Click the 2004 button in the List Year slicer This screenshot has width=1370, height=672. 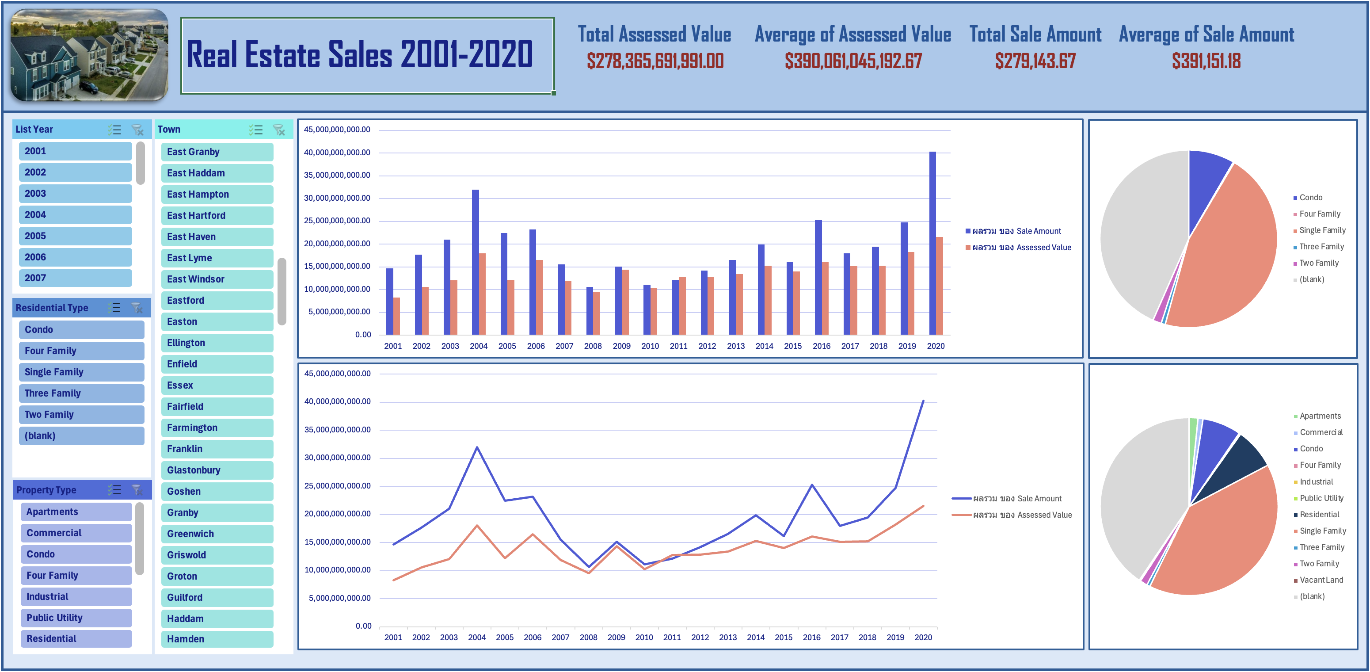coord(75,215)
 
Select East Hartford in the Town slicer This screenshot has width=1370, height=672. coord(217,215)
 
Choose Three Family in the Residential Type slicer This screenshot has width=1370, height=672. coord(81,393)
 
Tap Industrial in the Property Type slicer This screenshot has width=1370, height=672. coord(76,596)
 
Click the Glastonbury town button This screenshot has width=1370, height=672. coord(217,470)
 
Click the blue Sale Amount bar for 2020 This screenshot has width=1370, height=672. coord(932,243)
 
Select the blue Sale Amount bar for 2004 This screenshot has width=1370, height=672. coord(476,262)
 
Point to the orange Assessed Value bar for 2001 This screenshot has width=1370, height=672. coord(397,316)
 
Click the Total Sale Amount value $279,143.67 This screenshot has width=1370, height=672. coord(1035,61)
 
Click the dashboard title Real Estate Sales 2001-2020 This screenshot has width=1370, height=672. coord(360,55)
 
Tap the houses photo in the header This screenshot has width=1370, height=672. coord(89,55)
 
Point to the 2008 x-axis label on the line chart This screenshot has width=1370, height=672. coord(588,638)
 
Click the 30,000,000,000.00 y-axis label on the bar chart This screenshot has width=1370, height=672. coord(337,198)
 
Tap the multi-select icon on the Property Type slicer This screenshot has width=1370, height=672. coord(114,490)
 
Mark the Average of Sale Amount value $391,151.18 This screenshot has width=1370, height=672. coord(1206,61)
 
